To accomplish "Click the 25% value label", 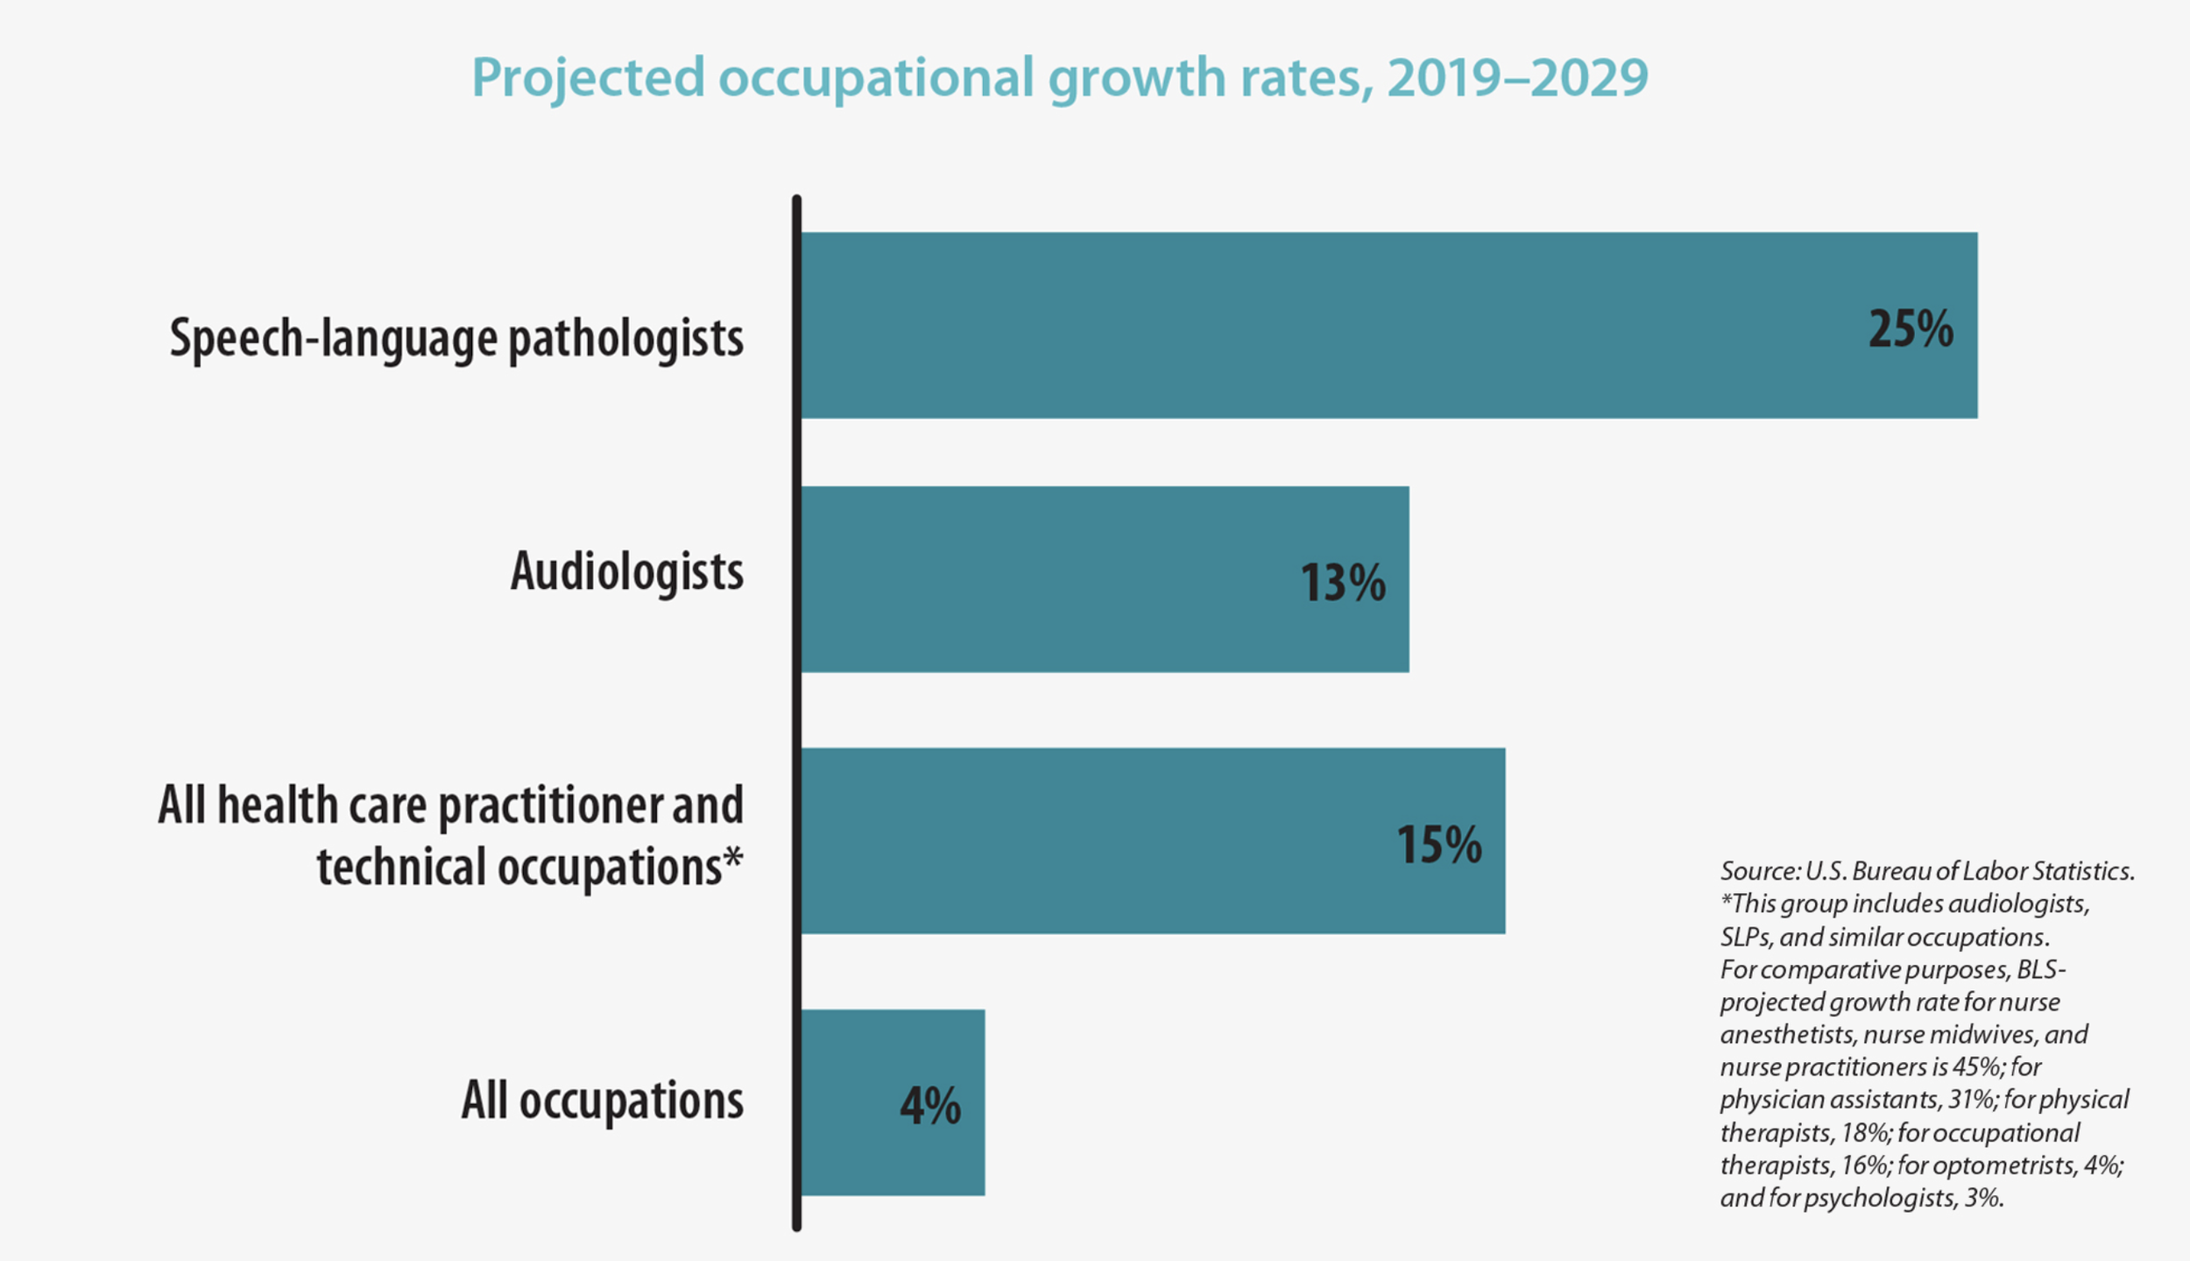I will click(1910, 330).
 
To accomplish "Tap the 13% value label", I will click(1342, 584).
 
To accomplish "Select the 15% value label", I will click(1438, 846).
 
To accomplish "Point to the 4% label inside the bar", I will click(929, 1106).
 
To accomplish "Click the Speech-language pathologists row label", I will click(456, 339).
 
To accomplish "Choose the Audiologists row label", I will click(626, 572).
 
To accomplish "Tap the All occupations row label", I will click(602, 1101).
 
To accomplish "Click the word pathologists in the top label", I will click(625, 339).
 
